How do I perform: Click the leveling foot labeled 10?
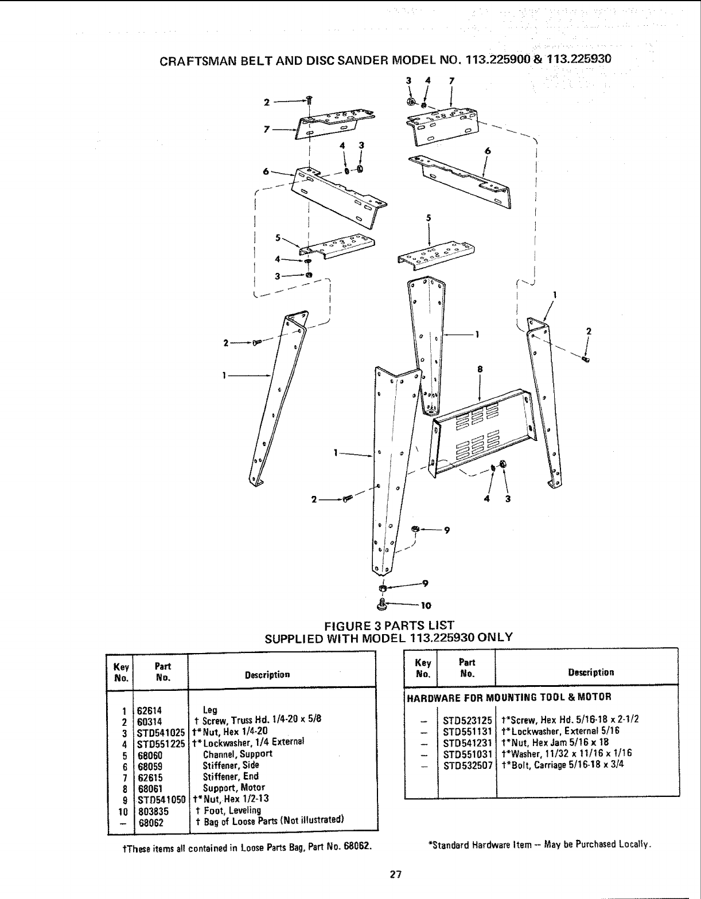point(382,603)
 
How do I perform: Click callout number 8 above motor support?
point(479,370)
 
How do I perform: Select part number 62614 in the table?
point(150,709)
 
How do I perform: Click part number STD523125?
point(468,720)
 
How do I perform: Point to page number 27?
point(395,874)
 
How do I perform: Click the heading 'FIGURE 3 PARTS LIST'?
point(389,625)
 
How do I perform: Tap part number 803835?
point(150,811)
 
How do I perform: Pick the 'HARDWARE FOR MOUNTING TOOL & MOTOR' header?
point(509,697)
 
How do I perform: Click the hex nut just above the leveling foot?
point(382,588)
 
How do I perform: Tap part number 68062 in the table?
point(150,822)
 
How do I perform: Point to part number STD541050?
point(160,799)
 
